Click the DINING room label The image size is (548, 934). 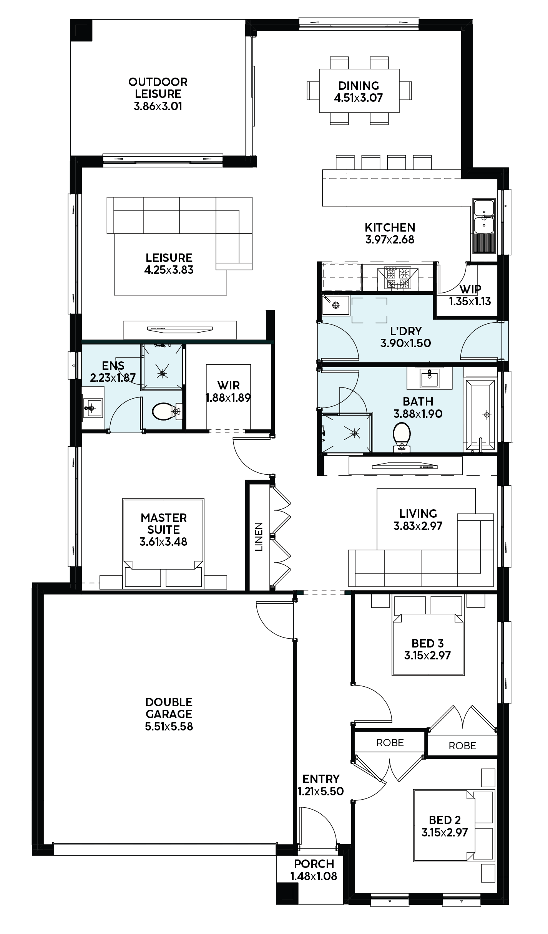click(x=359, y=86)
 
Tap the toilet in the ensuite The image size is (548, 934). click(x=167, y=411)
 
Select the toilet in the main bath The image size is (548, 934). click(x=402, y=436)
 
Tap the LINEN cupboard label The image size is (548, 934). click(x=259, y=537)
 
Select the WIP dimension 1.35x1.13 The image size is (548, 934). click(x=470, y=301)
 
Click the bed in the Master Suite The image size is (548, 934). click(x=163, y=543)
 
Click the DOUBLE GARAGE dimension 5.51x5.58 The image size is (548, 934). click(x=169, y=726)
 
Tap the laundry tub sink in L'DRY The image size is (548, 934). click(x=336, y=305)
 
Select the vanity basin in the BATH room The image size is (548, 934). click(x=429, y=378)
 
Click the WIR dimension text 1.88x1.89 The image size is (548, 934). click(x=228, y=397)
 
